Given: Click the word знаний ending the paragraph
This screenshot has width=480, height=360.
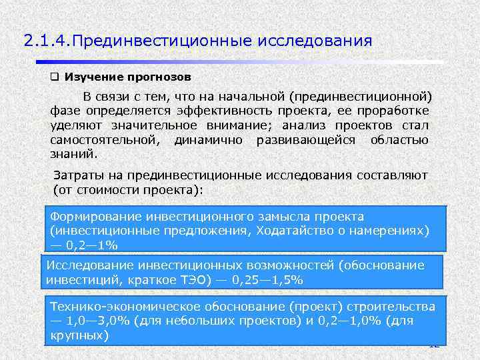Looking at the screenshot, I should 73,153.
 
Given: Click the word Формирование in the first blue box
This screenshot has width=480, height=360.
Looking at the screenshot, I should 95,217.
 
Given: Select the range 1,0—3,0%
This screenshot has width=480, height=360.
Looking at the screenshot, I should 97,321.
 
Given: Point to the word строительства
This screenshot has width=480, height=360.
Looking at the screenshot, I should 393,307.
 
